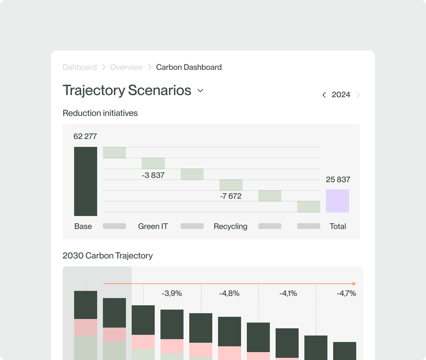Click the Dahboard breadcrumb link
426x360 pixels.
tap(80, 67)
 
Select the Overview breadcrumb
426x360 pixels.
tap(126, 67)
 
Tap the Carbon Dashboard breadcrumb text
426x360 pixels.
tap(189, 67)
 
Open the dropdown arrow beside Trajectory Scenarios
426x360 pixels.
tap(200, 91)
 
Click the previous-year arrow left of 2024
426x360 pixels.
tap(324, 95)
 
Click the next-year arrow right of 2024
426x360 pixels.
tap(358, 95)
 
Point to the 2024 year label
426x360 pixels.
tap(341, 95)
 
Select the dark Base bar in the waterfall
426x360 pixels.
tap(86, 181)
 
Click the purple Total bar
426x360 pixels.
tap(337, 201)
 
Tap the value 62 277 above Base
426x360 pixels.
tap(85, 136)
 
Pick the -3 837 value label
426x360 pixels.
tap(153, 176)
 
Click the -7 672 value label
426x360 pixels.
tap(231, 196)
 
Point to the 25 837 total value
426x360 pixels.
tap(338, 180)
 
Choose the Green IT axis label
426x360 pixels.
tap(153, 226)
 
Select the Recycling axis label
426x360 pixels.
tap(231, 226)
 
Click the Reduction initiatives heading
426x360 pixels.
tap(100, 113)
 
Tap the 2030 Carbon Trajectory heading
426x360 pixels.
tap(108, 256)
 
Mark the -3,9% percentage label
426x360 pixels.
tap(172, 293)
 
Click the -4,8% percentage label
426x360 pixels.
tap(229, 293)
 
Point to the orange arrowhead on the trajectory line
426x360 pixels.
tap(354, 284)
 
